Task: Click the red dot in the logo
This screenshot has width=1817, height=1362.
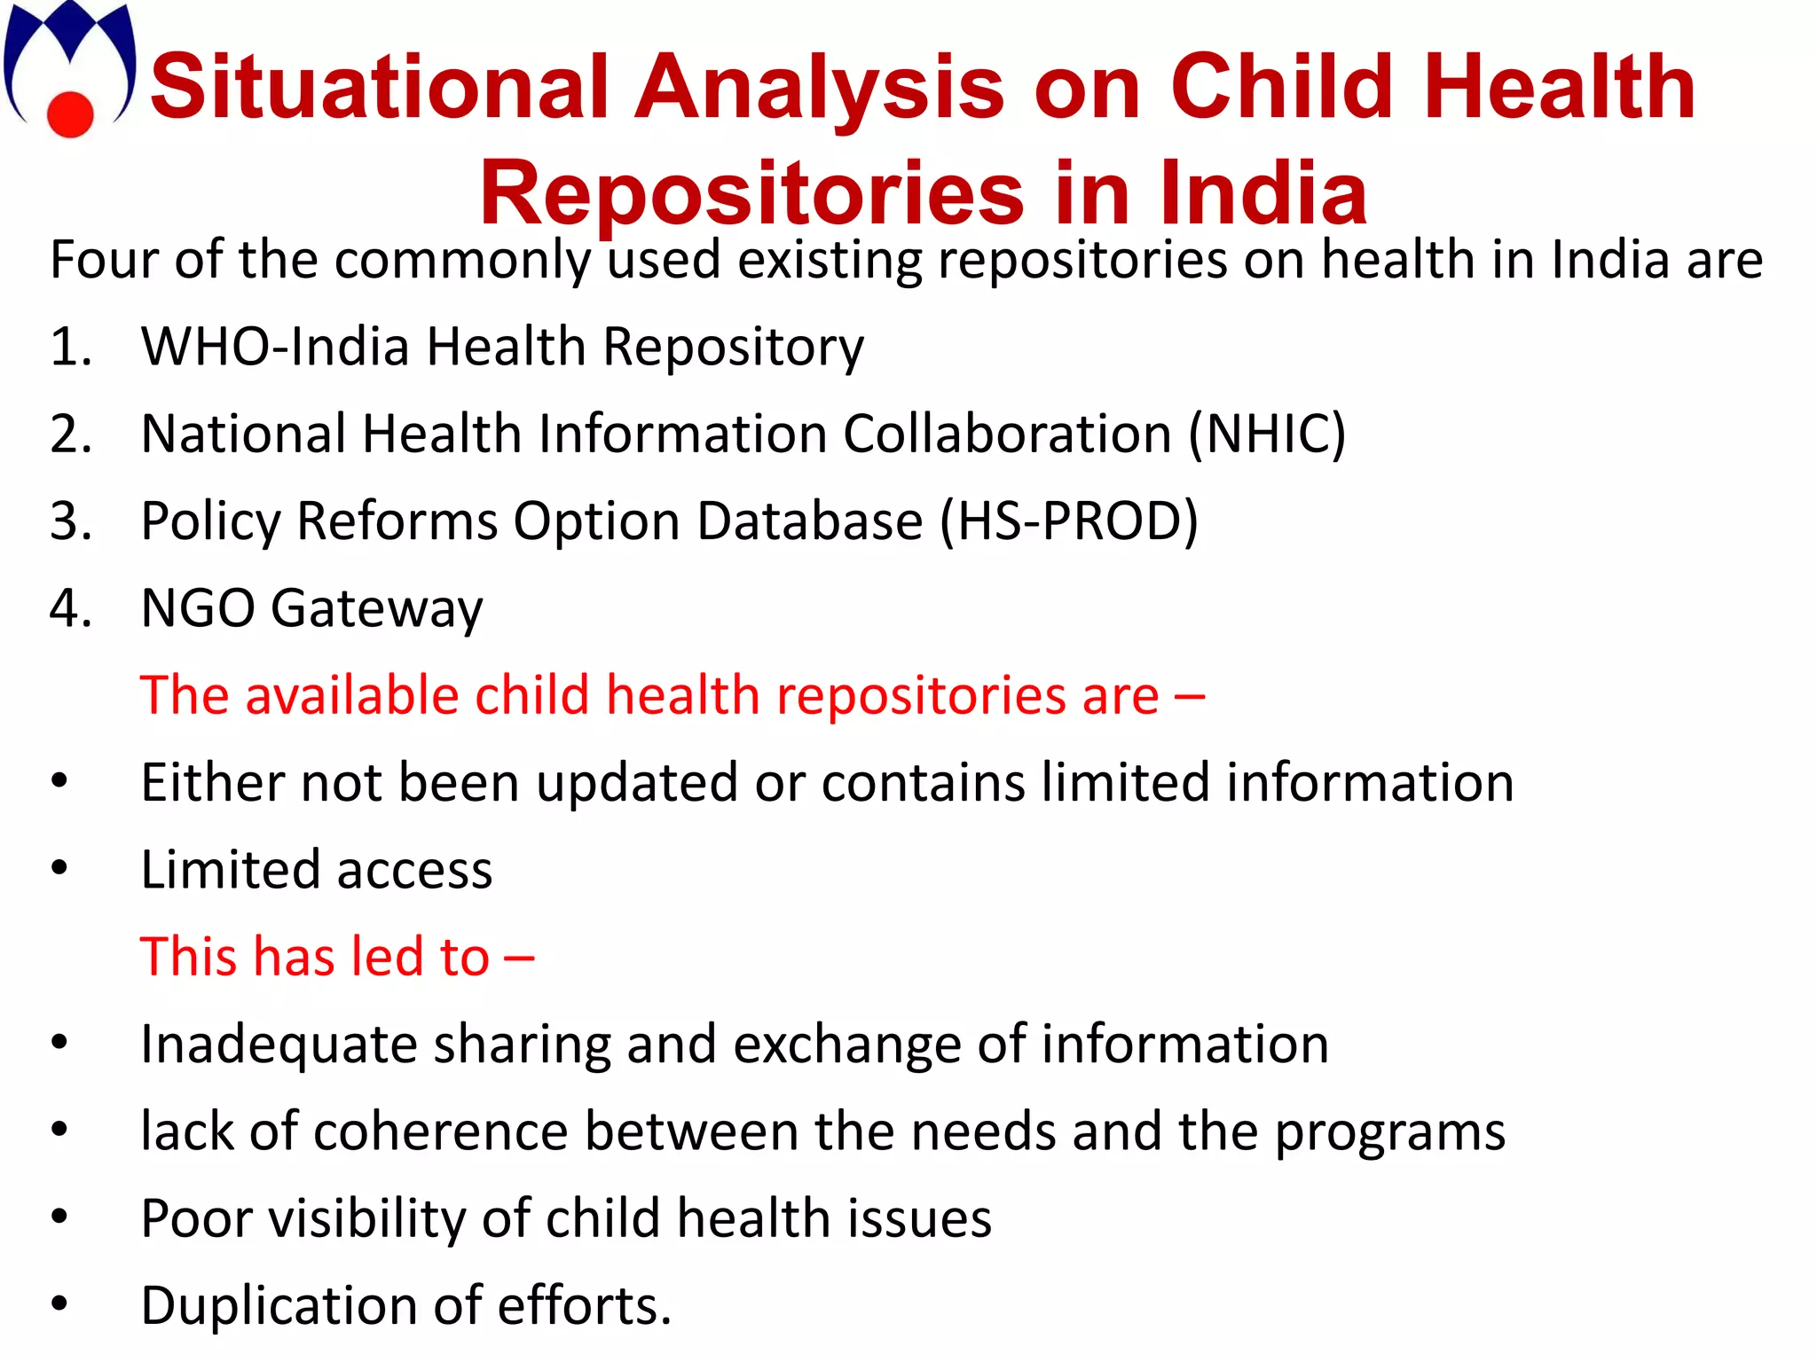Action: pyautogui.click(x=69, y=114)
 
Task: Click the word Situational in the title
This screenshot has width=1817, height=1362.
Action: pyautogui.click(x=380, y=87)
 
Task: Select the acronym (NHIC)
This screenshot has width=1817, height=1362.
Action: pyautogui.click(x=1267, y=434)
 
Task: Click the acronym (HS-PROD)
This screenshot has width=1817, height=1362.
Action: pyautogui.click(x=1069, y=521)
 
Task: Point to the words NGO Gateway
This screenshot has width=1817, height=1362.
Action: pyautogui.click(x=311, y=609)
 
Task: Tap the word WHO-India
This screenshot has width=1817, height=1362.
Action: pyautogui.click(x=274, y=347)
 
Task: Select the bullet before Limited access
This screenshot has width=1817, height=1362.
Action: pyautogui.click(x=59, y=868)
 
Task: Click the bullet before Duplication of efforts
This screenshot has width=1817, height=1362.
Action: pyautogui.click(x=59, y=1303)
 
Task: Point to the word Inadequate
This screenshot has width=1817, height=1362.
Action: pyautogui.click(x=279, y=1045)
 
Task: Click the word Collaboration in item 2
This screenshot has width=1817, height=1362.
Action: pyautogui.click(x=1007, y=434)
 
